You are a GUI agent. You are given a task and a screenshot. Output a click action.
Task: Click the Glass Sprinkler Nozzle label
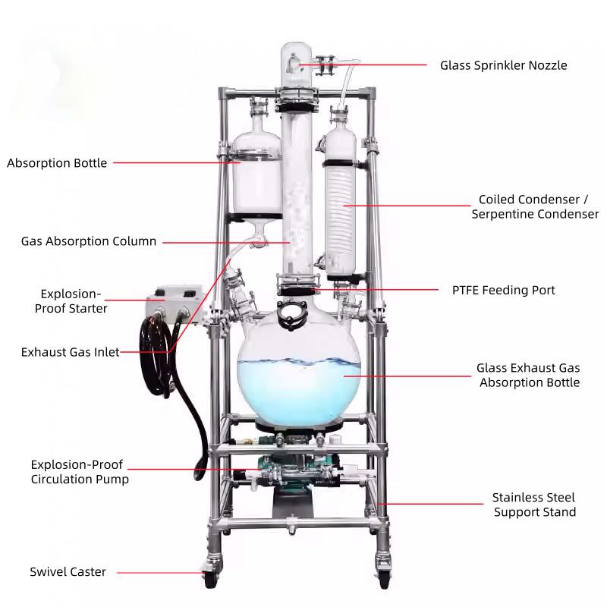tap(503, 65)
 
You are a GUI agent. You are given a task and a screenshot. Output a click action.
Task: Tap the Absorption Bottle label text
tap(57, 163)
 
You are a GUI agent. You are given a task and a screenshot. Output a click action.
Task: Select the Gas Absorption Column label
tap(89, 242)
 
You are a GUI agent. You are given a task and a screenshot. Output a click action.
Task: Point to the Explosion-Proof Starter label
tap(71, 301)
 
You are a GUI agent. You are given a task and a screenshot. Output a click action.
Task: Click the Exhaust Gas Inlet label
tap(70, 352)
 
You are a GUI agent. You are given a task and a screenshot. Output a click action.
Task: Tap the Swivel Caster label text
tap(68, 572)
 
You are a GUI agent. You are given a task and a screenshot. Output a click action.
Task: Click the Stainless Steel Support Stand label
tap(534, 505)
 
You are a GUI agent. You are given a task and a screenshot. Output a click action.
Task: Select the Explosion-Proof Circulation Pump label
tap(79, 472)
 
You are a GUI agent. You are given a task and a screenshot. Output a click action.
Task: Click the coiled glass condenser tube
tap(338, 205)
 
